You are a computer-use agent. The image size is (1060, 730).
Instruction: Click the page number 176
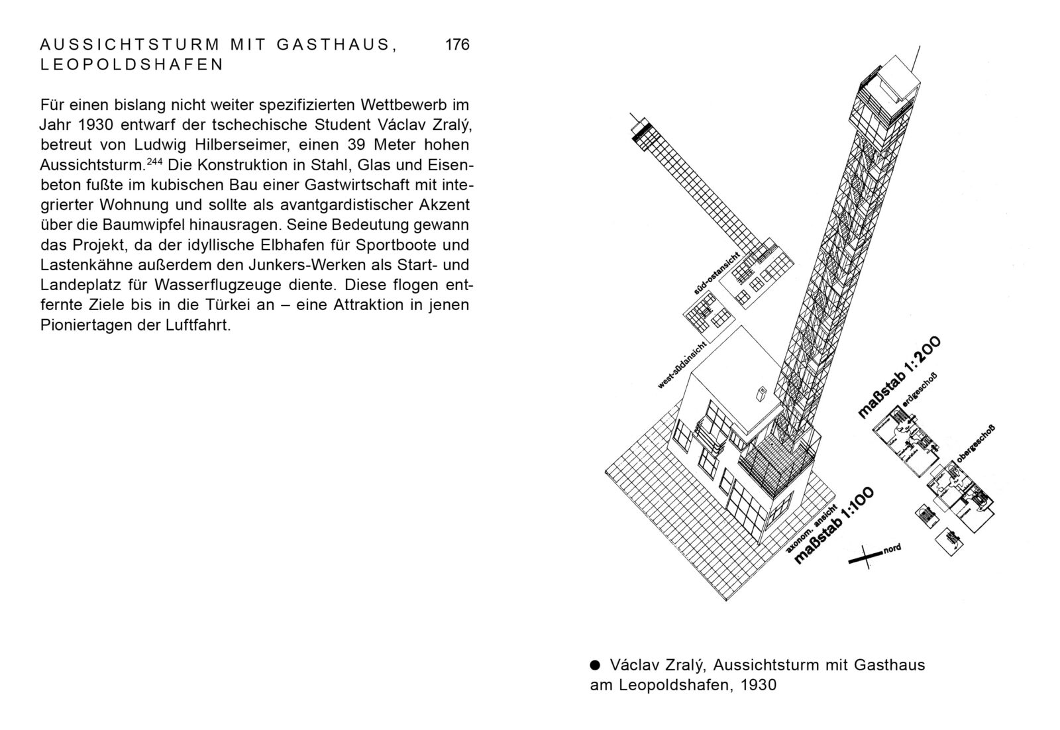pyautogui.click(x=457, y=45)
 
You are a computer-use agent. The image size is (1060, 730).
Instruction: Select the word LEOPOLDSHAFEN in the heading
pyautogui.click(x=132, y=65)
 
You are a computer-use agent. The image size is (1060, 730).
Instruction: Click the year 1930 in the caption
pyautogui.click(x=759, y=684)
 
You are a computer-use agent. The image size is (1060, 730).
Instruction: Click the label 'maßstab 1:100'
pyautogui.click(x=834, y=526)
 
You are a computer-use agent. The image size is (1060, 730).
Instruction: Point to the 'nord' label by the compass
pyautogui.click(x=892, y=549)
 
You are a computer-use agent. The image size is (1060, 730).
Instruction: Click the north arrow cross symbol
pyautogui.click(x=864, y=557)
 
